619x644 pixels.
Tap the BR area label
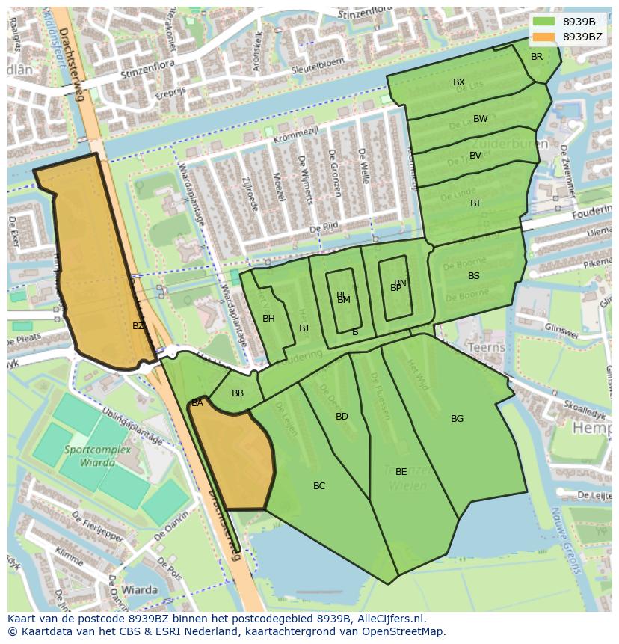click(537, 57)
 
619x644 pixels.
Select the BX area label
click(459, 82)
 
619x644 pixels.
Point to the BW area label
click(480, 119)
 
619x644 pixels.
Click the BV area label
click(475, 156)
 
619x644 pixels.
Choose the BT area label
click(475, 203)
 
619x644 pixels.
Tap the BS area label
click(474, 276)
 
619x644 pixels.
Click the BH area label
click(268, 319)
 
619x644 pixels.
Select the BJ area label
click(304, 328)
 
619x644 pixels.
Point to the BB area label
click(238, 393)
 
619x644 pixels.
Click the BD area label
click(342, 417)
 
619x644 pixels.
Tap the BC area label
click(319, 486)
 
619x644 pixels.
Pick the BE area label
click(401, 472)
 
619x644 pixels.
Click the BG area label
click(457, 419)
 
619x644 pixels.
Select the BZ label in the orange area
click(138, 326)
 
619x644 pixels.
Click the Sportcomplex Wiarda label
click(97, 456)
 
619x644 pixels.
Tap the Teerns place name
click(486, 348)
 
